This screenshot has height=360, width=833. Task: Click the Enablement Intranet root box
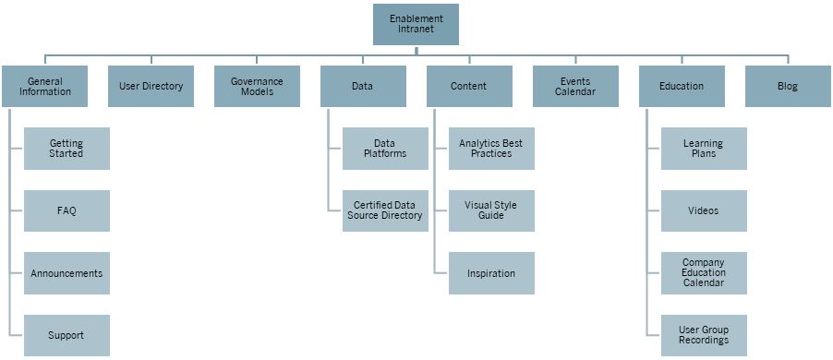(x=416, y=24)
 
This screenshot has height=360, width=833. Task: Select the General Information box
(x=45, y=87)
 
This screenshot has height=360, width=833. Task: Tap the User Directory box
(x=151, y=87)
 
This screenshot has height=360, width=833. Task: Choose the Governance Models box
(x=257, y=87)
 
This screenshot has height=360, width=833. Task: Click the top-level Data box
(x=363, y=87)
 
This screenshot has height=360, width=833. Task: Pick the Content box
(x=469, y=87)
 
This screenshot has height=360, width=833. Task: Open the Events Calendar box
(x=575, y=87)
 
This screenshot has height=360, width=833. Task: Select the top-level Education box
(x=682, y=87)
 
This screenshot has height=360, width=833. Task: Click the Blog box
(x=787, y=87)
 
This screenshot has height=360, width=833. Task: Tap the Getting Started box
(x=66, y=149)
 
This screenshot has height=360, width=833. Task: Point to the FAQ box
(x=66, y=210)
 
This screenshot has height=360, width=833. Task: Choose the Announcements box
(x=66, y=273)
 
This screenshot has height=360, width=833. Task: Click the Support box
(x=66, y=335)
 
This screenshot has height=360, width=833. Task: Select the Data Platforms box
(x=385, y=149)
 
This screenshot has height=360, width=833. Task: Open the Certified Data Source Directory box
(x=385, y=210)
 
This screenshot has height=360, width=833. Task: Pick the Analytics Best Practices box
(x=491, y=149)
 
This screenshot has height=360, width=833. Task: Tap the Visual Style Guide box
(x=491, y=210)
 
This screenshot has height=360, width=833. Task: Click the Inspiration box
(x=491, y=273)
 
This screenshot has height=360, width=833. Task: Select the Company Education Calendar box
(x=704, y=273)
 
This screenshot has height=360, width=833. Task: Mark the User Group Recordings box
(x=704, y=335)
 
